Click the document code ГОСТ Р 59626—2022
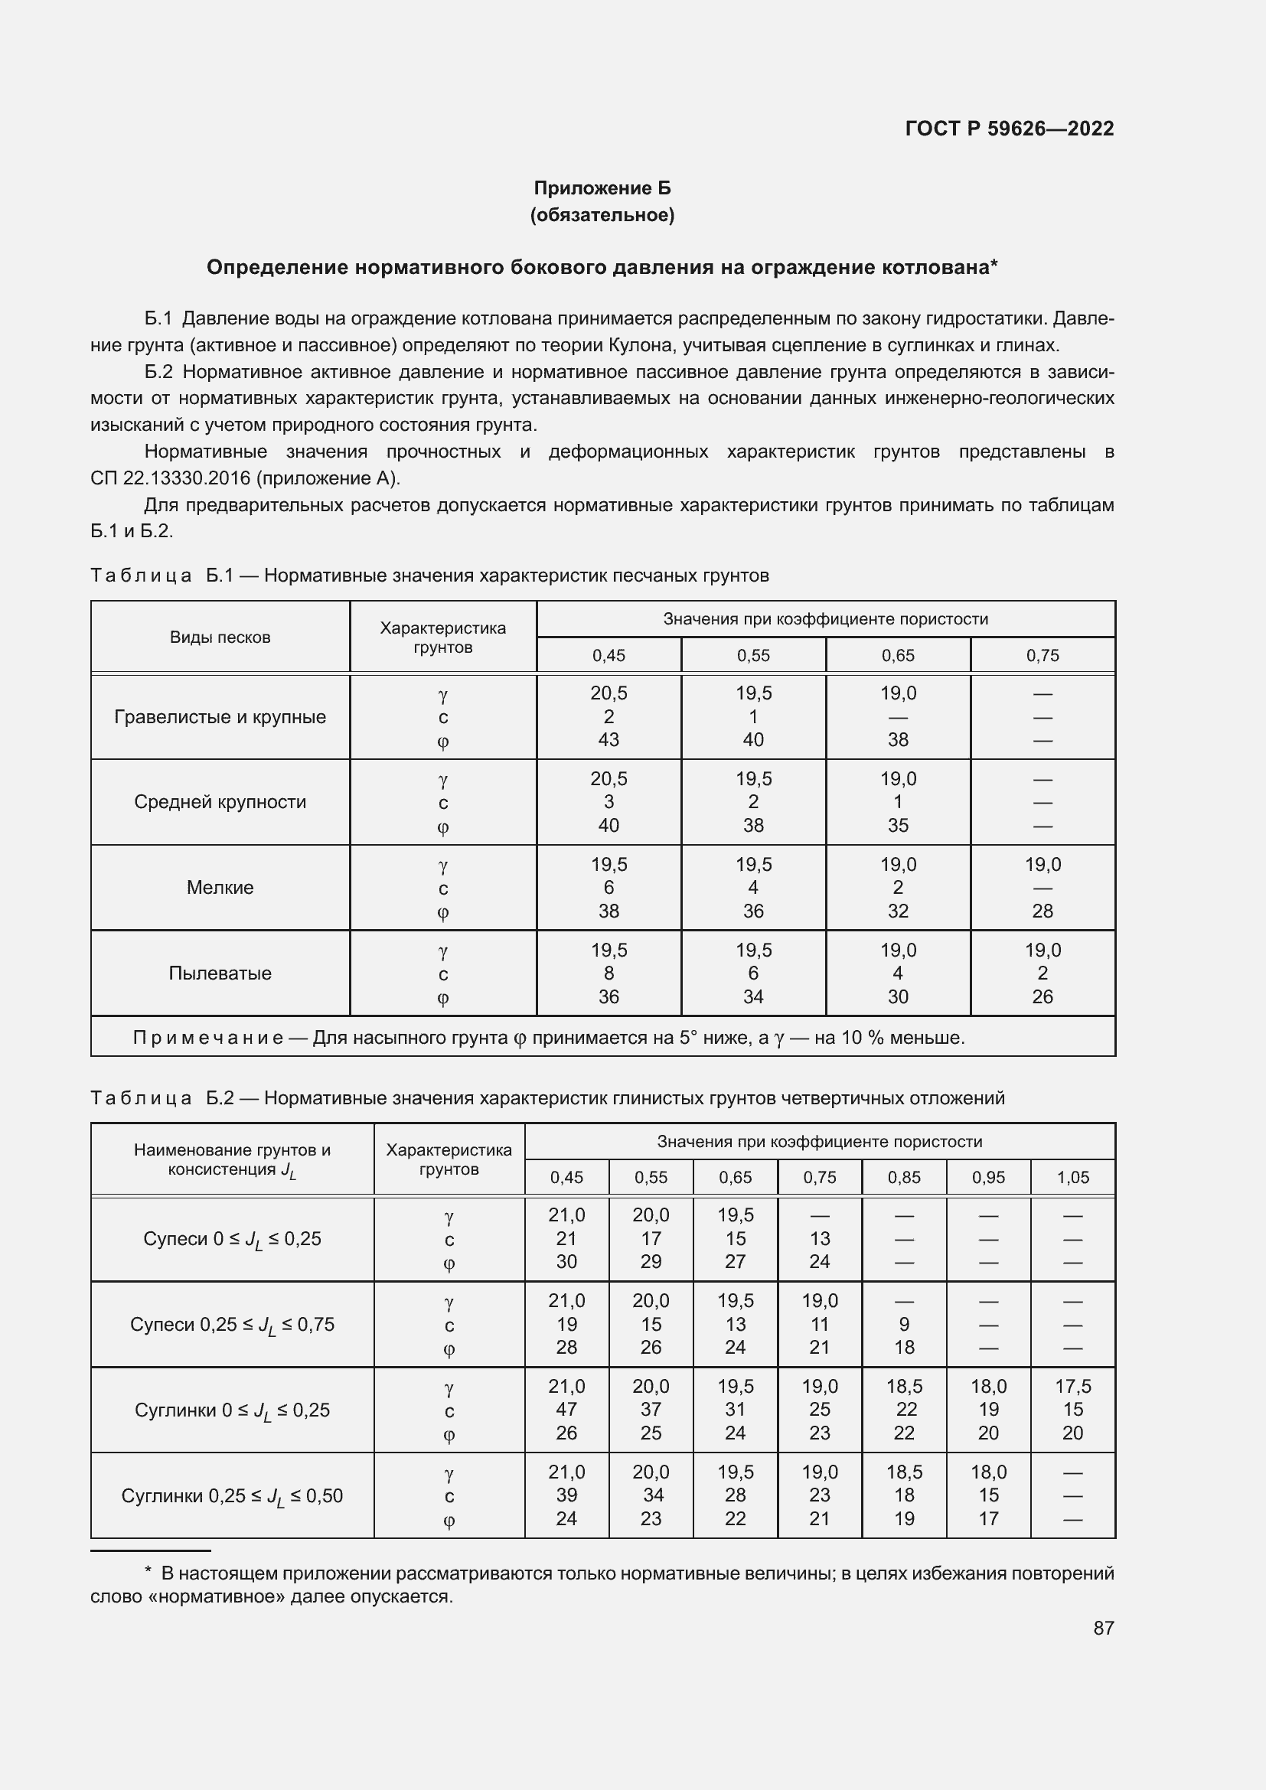point(1009,129)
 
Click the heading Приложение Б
point(602,188)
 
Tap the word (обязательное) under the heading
point(602,214)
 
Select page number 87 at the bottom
point(1103,1627)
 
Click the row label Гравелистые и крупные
point(220,716)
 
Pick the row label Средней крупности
point(220,801)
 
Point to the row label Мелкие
point(220,887)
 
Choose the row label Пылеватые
point(220,973)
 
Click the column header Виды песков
point(220,637)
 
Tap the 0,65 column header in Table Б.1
point(898,656)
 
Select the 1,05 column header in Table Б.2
point(1072,1177)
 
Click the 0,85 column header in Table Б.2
point(903,1177)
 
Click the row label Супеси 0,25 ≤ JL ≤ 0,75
point(233,1325)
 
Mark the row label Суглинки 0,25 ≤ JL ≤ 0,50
point(233,1495)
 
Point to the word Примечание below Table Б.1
point(207,1038)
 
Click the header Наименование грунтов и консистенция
point(233,1159)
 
